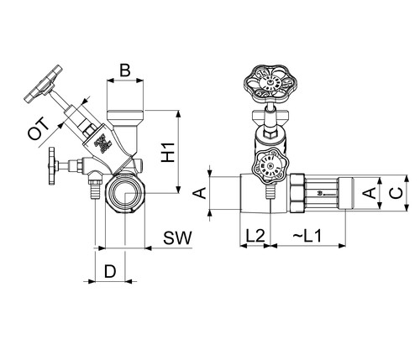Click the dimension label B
tap(125, 70)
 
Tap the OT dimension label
tap(39, 129)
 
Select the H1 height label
tap(168, 153)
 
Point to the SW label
tap(178, 238)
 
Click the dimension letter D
tap(110, 271)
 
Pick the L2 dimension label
tap(255, 236)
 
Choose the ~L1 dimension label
tap(307, 236)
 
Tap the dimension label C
tap(396, 193)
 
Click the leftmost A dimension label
tap(200, 193)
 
